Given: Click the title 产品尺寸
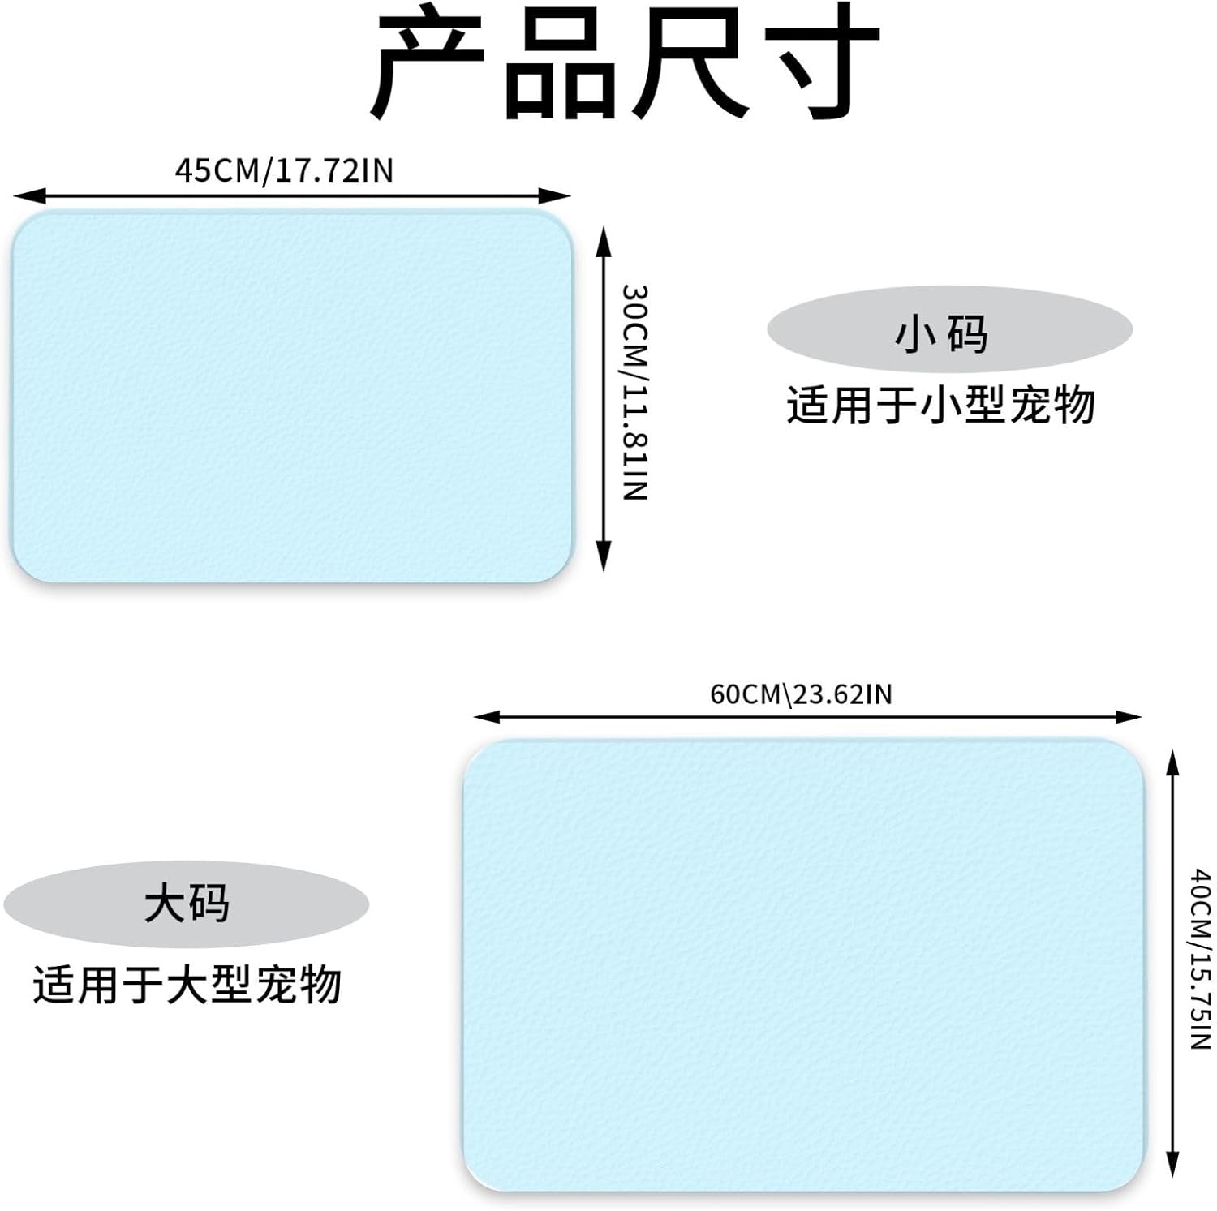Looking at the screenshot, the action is tap(625, 63).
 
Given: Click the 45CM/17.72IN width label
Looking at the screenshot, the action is tap(284, 171).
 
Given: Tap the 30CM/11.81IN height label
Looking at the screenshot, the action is tap(634, 392).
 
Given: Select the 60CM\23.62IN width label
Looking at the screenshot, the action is tap(801, 694).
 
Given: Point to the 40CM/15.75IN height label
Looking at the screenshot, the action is tap(1201, 959).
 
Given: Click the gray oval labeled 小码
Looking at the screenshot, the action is tap(949, 329).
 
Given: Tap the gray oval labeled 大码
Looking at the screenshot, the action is tap(187, 904).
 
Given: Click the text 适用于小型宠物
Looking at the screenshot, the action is tap(941, 405).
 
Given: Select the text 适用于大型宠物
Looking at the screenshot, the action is tap(187, 985).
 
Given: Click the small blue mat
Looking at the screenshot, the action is tap(292, 396).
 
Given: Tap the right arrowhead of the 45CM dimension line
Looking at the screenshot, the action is tap(561, 195).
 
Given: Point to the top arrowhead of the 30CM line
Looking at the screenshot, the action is tap(603, 237).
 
